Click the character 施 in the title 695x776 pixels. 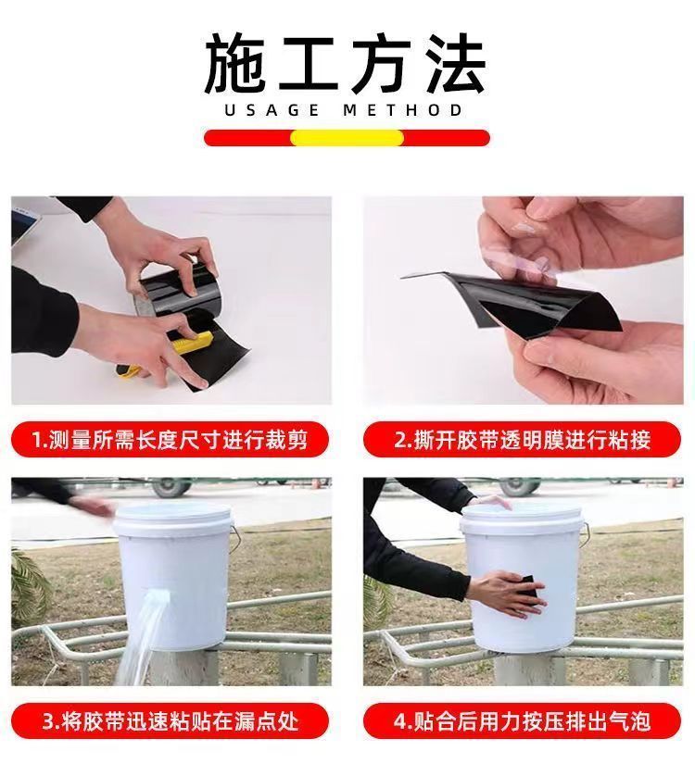click(x=234, y=64)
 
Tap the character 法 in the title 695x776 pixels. click(x=456, y=64)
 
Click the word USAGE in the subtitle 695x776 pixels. click(x=272, y=110)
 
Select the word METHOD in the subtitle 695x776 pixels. click(x=402, y=110)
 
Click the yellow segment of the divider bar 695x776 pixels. click(x=347, y=138)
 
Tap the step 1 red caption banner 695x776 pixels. click(x=170, y=440)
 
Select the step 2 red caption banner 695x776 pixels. click(x=522, y=440)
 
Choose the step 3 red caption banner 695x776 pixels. click(x=170, y=721)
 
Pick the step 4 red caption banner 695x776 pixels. click(x=522, y=721)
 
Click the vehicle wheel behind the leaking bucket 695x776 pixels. click(x=171, y=487)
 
